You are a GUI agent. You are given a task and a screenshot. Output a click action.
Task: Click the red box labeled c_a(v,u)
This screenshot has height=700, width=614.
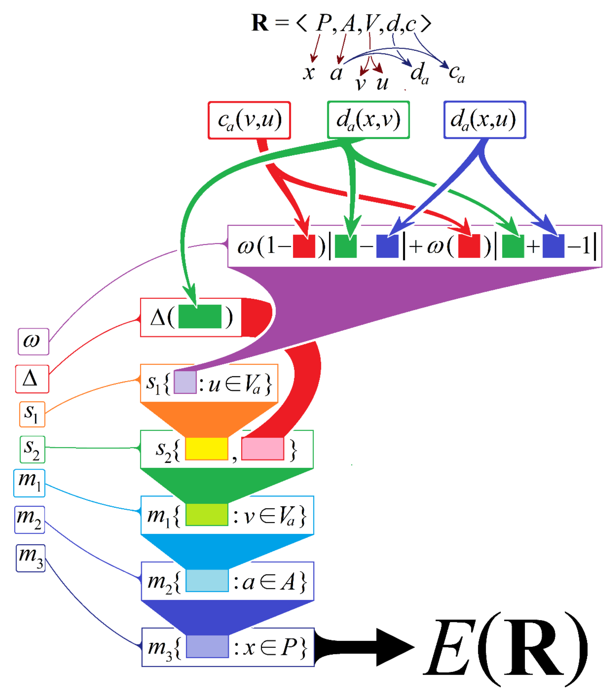click(x=249, y=120)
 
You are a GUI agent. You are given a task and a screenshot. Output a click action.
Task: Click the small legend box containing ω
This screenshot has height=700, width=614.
click(x=33, y=341)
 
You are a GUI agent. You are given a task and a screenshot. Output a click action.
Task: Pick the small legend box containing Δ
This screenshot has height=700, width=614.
click(x=32, y=379)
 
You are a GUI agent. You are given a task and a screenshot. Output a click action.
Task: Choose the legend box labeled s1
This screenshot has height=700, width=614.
click(x=32, y=414)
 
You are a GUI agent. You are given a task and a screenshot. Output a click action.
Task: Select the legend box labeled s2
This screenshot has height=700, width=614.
click(x=32, y=449)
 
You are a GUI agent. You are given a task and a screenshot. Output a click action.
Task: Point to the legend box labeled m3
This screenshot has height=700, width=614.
click(x=30, y=558)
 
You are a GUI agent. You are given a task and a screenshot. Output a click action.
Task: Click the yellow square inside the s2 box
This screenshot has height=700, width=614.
click(x=206, y=448)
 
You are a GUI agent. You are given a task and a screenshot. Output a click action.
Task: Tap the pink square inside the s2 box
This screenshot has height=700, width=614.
click(x=262, y=448)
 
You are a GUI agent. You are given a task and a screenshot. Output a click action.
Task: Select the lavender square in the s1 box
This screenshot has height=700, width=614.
click(x=185, y=382)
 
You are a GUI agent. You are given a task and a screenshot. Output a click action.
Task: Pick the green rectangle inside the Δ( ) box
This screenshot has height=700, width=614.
click(x=200, y=317)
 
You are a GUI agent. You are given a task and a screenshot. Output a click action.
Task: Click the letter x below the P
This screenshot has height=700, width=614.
click(x=308, y=73)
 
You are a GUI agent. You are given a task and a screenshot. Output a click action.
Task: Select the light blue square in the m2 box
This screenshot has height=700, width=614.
click(x=207, y=581)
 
